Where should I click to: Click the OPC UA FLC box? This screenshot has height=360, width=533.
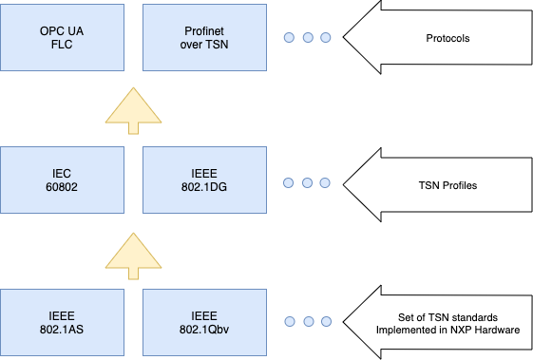click(x=63, y=38)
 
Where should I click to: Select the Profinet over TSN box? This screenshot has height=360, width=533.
click(x=202, y=38)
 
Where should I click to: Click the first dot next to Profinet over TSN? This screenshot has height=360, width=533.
click(x=290, y=38)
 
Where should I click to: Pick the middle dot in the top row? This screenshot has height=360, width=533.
click(x=308, y=38)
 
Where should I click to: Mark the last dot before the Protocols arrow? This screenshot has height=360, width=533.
click(x=326, y=38)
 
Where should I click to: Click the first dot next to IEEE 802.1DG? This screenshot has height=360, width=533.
click(x=290, y=180)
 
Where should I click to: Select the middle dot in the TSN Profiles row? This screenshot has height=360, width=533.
click(x=308, y=180)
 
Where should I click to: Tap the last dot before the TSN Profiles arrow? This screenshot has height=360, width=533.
click(x=326, y=180)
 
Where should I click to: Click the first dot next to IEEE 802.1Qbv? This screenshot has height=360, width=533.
click(x=290, y=323)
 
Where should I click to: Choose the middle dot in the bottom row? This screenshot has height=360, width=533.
click(x=308, y=323)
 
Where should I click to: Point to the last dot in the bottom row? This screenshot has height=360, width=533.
click(x=326, y=323)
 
